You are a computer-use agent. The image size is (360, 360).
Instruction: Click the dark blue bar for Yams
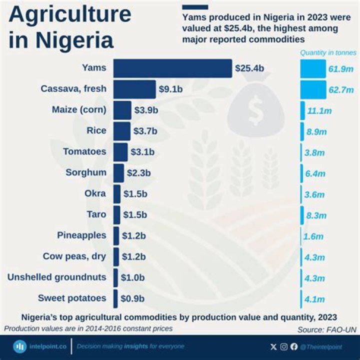(172, 68)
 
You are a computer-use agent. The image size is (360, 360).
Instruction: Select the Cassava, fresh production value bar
(134, 89)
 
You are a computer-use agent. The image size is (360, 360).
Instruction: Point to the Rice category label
(96, 130)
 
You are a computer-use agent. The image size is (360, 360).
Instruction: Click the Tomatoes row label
(84, 151)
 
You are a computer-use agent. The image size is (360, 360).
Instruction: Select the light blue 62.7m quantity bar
(312, 89)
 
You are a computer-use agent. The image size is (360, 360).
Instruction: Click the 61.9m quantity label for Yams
(341, 68)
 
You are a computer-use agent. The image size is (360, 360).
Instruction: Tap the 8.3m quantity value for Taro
(315, 215)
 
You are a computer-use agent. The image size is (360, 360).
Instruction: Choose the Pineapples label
(81, 235)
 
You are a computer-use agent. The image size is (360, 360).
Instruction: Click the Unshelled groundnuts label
(57, 277)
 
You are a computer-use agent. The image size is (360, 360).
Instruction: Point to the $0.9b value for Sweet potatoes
(132, 298)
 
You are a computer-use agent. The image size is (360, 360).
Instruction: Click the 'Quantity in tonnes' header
(328, 52)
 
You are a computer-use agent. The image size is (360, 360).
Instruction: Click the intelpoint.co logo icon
(20, 346)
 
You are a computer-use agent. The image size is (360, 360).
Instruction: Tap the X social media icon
(273, 346)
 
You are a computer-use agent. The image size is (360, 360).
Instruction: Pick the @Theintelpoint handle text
(325, 346)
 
